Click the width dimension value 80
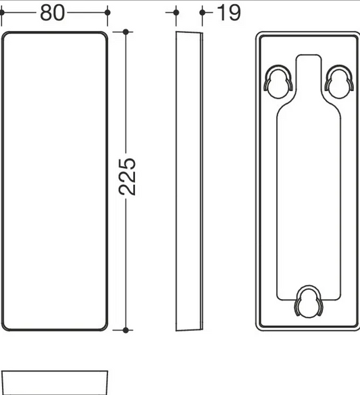(53, 13)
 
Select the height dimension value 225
(127, 177)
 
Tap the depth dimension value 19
(228, 13)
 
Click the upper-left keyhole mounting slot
(278, 82)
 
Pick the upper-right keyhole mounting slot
(339, 82)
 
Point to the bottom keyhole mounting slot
(309, 302)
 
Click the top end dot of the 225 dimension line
(126, 32)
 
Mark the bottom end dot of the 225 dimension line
(126, 330)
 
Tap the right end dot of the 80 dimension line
(107, 12)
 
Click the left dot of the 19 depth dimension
(176, 12)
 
